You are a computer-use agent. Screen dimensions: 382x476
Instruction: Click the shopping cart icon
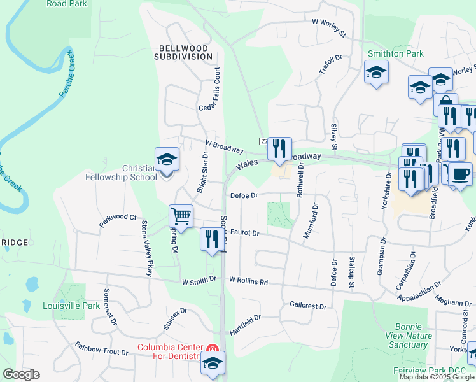point(181,216)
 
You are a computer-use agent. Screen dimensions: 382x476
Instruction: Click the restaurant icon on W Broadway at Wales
point(279,149)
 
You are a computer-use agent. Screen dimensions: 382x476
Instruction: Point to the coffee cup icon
point(460,174)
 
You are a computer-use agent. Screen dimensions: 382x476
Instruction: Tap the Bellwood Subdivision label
point(183,52)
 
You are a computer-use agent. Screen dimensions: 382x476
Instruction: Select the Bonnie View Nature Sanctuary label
point(408,336)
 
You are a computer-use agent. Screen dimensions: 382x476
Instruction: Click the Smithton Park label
point(395,53)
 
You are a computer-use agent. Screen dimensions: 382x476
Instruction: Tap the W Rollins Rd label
point(249,280)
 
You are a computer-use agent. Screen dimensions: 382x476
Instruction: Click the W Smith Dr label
point(199,280)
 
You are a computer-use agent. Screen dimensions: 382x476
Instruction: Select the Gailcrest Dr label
point(307,306)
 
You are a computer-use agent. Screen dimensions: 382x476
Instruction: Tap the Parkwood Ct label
point(118,220)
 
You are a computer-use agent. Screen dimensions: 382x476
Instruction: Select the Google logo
point(21,374)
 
